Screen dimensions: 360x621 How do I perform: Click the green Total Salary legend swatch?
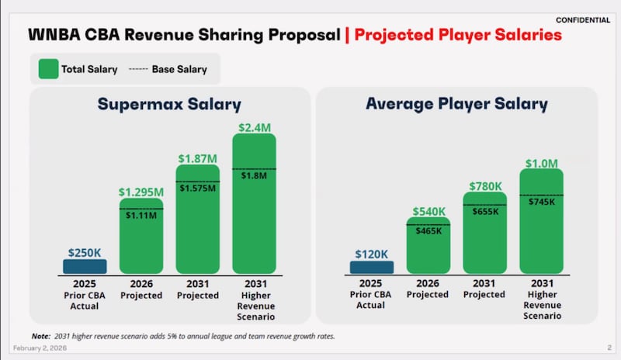point(47,69)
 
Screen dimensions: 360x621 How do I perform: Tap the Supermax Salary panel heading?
point(169,105)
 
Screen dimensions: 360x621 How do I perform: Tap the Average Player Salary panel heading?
point(456,104)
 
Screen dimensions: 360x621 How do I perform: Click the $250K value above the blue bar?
point(85,252)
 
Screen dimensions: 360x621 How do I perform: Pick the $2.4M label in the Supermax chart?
point(254,126)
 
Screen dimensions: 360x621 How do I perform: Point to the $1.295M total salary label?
point(141,191)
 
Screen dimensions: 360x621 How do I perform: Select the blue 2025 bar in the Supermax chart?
point(85,266)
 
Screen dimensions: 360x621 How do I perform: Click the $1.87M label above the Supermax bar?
point(198,159)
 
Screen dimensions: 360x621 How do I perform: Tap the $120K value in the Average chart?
point(372,254)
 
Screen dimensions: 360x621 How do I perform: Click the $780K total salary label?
point(484,186)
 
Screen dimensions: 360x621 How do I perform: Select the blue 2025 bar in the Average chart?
point(372,267)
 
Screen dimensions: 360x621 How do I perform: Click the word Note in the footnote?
point(41,337)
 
